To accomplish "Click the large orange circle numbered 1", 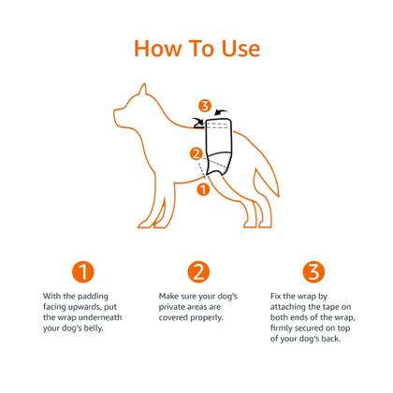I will pos(85,272).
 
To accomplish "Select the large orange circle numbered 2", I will pos(197,272).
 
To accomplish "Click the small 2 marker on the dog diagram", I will pos(196,153).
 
